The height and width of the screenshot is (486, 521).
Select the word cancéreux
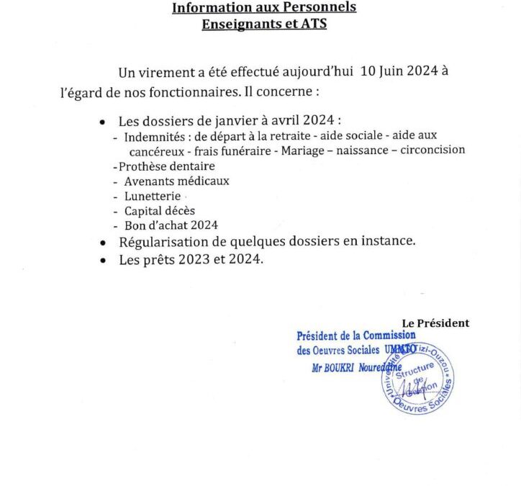tap(156, 150)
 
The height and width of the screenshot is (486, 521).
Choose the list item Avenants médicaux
tap(176, 181)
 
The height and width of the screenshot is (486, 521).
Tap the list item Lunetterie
tap(153, 196)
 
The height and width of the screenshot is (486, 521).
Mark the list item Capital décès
tap(159, 211)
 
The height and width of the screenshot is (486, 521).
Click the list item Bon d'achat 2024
tap(171, 225)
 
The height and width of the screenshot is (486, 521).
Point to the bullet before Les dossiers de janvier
tap(105, 121)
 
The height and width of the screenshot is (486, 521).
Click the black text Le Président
tap(435, 323)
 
